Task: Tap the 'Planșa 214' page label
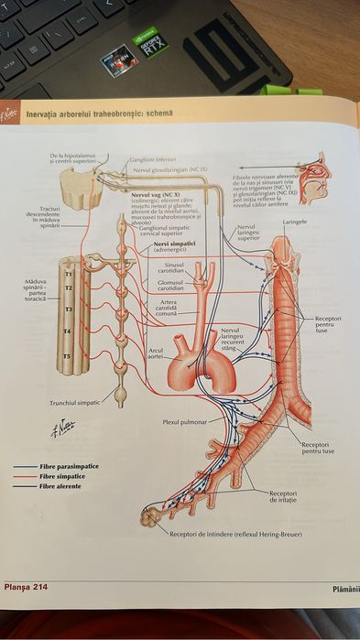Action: click(25, 586)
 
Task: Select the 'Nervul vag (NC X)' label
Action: click(154, 195)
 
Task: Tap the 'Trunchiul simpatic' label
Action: click(73, 402)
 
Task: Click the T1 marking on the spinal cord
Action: click(68, 272)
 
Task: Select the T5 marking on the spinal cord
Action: click(66, 355)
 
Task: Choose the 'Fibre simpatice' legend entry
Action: click(60, 476)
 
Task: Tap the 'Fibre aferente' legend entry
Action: click(60, 486)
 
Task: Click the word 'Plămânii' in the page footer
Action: click(345, 588)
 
